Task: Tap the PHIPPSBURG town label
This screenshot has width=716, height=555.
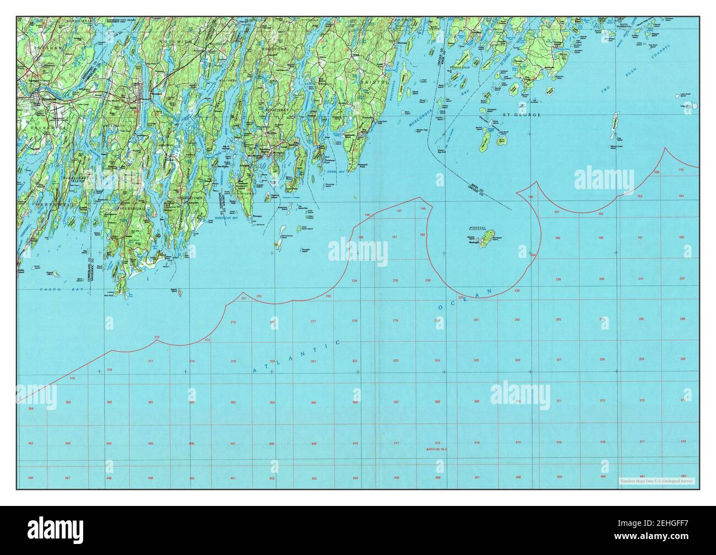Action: (x=129, y=209)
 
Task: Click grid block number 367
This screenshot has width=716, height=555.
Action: (x=396, y=402)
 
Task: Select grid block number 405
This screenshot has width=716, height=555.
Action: (x=151, y=443)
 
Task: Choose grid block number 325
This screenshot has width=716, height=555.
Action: (x=476, y=360)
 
